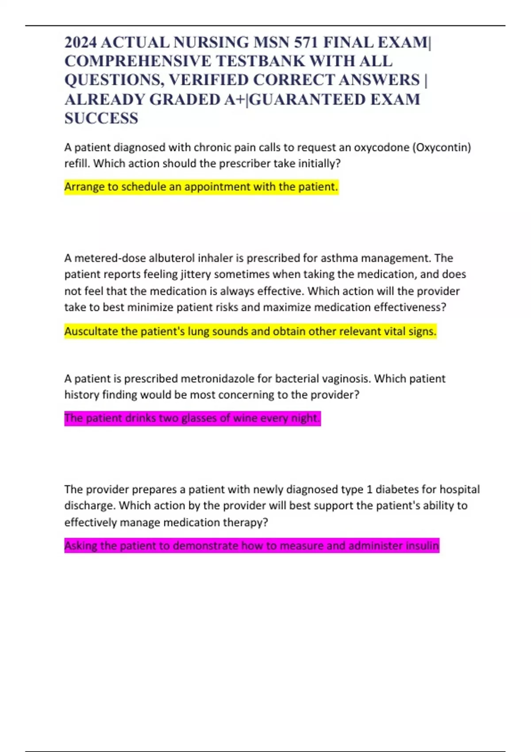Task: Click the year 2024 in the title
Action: [x=81, y=42]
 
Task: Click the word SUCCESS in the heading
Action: [x=101, y=119]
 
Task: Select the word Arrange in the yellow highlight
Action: [x=84, y=187]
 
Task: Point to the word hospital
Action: [x=460, y=489]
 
